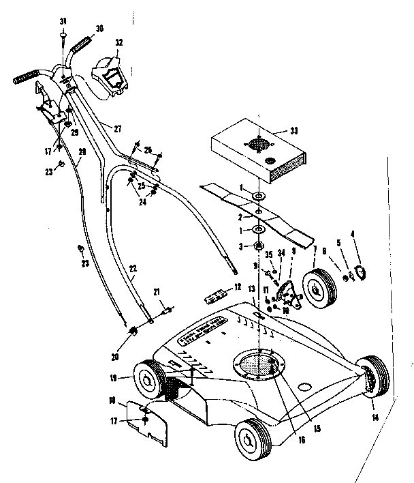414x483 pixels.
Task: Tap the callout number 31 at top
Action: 62,20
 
